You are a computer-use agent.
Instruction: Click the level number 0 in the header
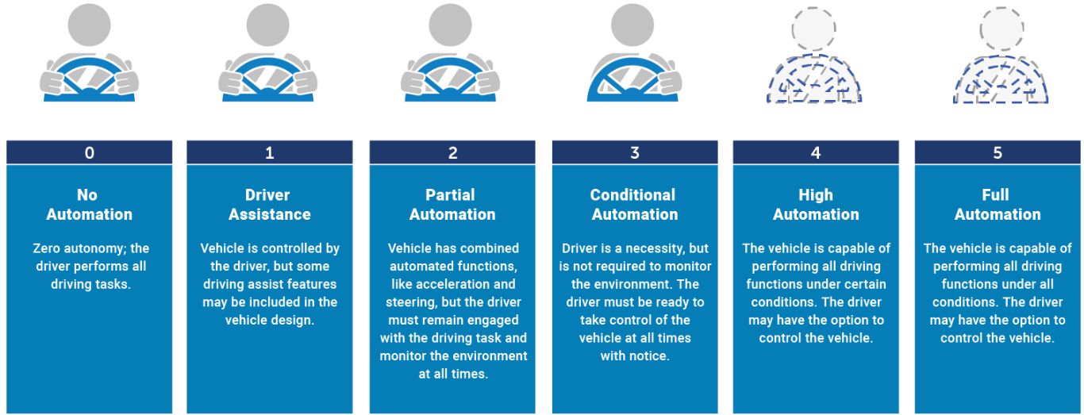pyautogui.click(x=90, y=153)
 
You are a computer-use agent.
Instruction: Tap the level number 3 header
pyautogui.click(x=635, y=153)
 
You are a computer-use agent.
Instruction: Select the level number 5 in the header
pyautogui.click(x=998, y=153)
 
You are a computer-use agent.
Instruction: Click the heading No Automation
pyautogui.click(x=90, y=205)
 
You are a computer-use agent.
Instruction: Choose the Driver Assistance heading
pyautogui.click(x=270, y=205)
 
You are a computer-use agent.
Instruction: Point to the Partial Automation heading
pyautogui.click(x=452, y=205)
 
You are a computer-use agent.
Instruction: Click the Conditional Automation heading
pyautogui.click(x=634, y=205)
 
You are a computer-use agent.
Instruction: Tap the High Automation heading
pyautogui.click(x=816, y=205)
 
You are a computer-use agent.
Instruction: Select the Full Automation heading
pyautogui.click(x=998, y=205)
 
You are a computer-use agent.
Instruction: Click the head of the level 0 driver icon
pyautogui.click(x=89, y=25)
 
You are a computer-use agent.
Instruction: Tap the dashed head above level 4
pyautogui.click(x=813, y=29)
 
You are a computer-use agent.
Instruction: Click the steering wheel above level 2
pyautogui.click(x=450, y=80)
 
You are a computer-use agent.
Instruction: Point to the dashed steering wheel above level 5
pyautogui.click(x=1001, y=81)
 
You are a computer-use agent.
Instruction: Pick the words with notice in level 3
pyautogui.click(x=635, y=356)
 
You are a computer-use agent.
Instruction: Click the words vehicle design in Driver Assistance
pyautogui.click(x=270, y=321)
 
